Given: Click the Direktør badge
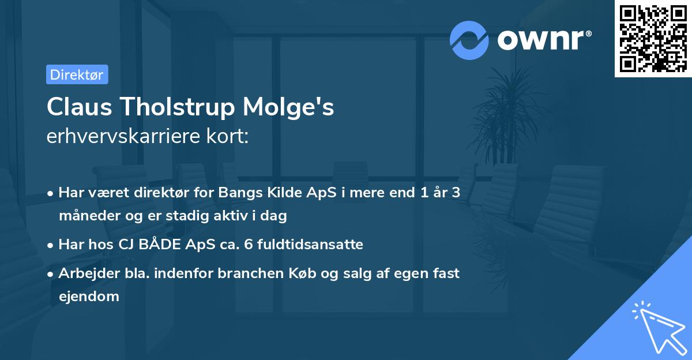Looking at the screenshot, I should click(77, 74).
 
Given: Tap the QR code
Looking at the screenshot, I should click(653, 38).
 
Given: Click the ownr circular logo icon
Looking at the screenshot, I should click(469, 40).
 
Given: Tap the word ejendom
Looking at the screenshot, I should click(89, 297).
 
